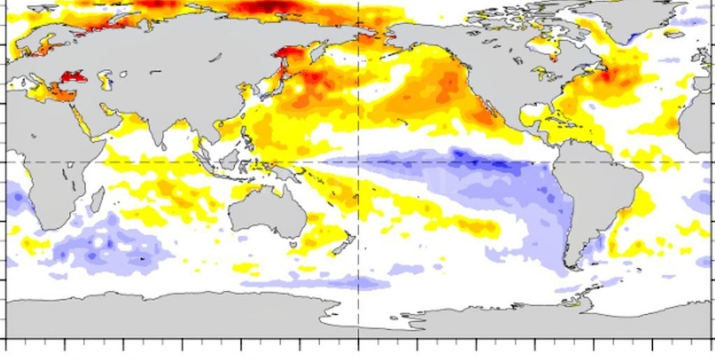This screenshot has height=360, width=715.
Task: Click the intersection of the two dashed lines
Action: (359, 162)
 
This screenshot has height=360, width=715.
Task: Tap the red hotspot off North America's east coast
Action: (606, 76)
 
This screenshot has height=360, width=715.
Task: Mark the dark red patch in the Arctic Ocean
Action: (264, 7)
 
